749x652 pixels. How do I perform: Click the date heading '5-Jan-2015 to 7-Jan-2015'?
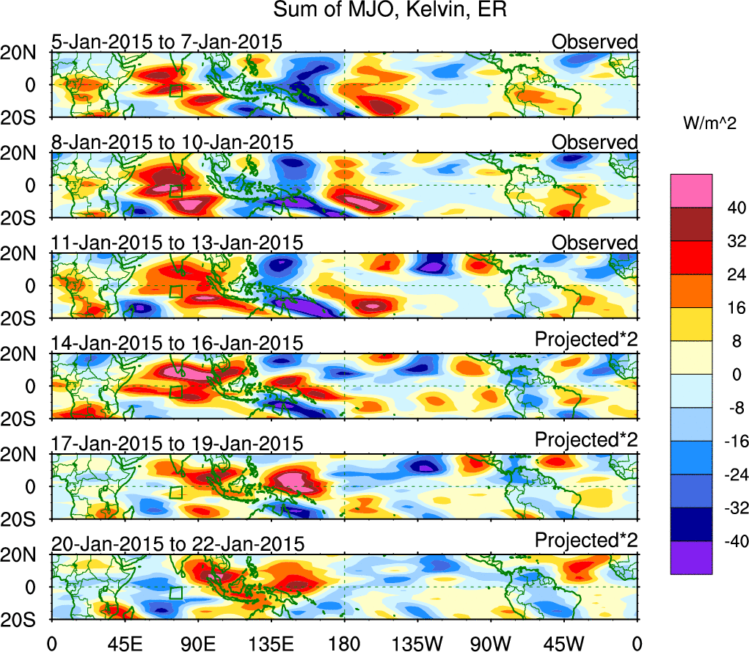[167, 42]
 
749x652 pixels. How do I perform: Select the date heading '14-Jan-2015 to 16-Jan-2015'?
[177, 343]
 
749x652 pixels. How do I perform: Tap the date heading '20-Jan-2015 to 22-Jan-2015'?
[177, 544]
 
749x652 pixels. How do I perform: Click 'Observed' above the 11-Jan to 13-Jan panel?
[595, 243]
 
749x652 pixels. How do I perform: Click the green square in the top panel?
[175, 91]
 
